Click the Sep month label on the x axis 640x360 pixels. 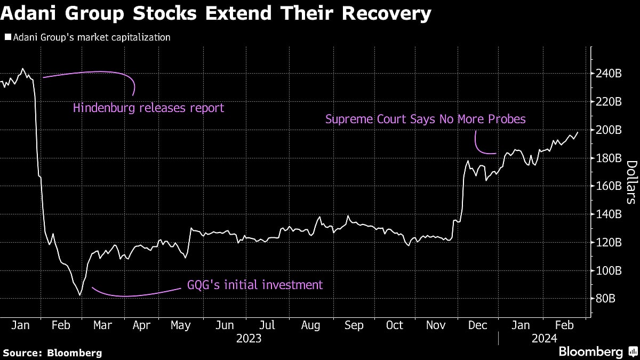click(x=354, y=325)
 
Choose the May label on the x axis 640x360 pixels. click(x=180, y=325)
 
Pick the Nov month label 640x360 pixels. click(x=436, y=325)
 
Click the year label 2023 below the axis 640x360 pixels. click(x=249, y=338)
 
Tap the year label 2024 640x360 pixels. click(x=544, y=338)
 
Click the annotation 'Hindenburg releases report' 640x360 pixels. click(x=148, y=108)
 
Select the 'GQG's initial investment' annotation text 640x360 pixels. click(x=255, y=285)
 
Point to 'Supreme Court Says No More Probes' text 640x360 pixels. click(x=425, y=119)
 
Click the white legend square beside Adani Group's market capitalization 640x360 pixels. click(x=7, y=38)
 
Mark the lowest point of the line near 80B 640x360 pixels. click(x=80, y=295)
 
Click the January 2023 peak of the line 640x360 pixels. click(x=23, y=69)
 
